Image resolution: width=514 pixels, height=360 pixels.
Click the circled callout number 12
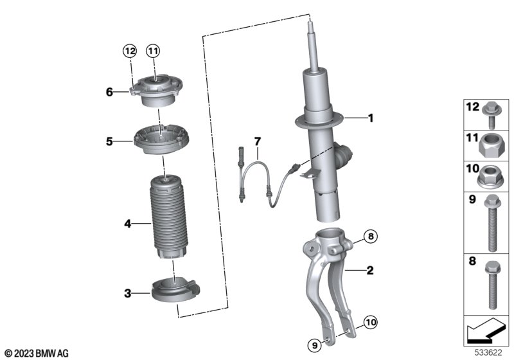(130, 51)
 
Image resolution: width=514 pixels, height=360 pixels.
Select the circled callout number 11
(153, 51)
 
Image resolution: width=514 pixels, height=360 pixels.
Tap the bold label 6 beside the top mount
(109, 92)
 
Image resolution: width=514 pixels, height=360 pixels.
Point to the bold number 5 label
(109, 141)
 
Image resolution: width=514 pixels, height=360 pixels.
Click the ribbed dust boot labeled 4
(168, 217)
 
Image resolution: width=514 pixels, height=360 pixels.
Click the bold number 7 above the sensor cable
(258, 141)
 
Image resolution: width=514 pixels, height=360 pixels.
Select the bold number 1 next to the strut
(371, 118)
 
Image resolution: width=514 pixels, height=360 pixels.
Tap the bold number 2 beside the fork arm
(370, 270)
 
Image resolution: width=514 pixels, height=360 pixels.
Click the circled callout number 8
(371, 236)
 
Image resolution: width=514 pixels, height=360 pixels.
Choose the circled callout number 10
(371, 322)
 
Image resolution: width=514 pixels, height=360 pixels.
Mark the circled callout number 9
(315, 345)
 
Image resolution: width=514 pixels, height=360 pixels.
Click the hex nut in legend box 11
(492, 147)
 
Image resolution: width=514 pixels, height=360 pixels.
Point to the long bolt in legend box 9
(492, 223)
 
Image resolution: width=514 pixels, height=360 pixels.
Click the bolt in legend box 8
(492, 285)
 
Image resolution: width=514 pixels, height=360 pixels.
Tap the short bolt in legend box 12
(491, 115)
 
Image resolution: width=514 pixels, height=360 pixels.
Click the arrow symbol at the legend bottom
(486, 330)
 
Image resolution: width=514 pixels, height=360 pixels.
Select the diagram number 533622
(488, 353)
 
